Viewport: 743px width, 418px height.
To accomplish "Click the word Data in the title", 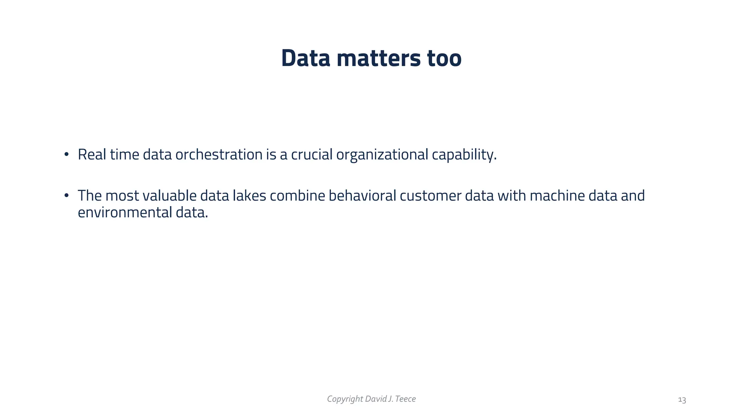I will (305, 58).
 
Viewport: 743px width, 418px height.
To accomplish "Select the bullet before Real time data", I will (66, 155).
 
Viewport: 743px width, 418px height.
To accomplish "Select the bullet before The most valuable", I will (66, 196).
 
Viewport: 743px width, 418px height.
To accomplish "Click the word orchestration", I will (219, 155).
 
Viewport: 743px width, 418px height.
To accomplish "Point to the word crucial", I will (312, 155).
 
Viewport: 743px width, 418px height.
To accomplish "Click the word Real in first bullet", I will (92, 155).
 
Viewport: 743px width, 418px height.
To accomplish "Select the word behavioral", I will (362, 196).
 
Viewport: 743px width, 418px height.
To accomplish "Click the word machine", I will (557, 196).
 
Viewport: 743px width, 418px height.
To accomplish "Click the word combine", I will (297, 196).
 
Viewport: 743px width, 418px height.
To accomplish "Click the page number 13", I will (682, 400).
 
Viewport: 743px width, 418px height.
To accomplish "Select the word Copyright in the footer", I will (345, 399).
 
